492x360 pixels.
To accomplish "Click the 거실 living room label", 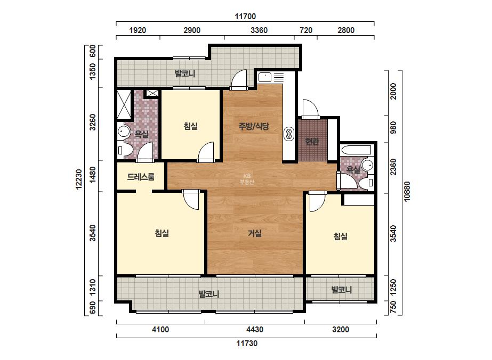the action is click(x=255, y=233).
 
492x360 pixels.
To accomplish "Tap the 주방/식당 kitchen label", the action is click(x=254, y=126).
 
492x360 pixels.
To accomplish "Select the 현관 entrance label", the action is click(x=312, y=142).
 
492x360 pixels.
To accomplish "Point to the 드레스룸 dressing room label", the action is click(x=141, y=177).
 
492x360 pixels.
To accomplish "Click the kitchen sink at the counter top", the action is click(x=265, y=77).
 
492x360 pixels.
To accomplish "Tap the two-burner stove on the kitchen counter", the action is click(x=289, y=134).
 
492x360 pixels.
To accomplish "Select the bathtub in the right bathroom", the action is click(x=356, y=150).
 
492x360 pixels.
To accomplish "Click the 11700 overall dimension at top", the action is click(x=245, y=17).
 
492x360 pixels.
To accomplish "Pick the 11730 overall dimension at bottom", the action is click(x=247, y=343).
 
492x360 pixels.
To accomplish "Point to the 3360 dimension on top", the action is click(x=259, y=30).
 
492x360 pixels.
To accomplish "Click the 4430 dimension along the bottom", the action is click(x=255, y=330).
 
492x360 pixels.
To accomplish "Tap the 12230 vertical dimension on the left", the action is click(x=79, y=179).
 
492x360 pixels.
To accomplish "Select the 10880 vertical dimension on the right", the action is click(x=407, y=191).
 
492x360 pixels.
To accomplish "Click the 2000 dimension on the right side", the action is click(x=393, y=91).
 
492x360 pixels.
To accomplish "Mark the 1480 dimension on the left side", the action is click(x=93, y=175).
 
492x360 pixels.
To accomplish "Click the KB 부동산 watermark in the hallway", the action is click(x=247, y=179).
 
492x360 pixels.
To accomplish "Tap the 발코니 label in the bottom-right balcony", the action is click(x=342, y=290).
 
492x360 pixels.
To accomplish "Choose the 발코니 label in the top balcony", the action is click(x=185, y=73).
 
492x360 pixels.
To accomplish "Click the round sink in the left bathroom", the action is click(x=123, y=132).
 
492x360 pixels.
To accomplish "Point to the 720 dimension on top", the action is click(x=306, y=30).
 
